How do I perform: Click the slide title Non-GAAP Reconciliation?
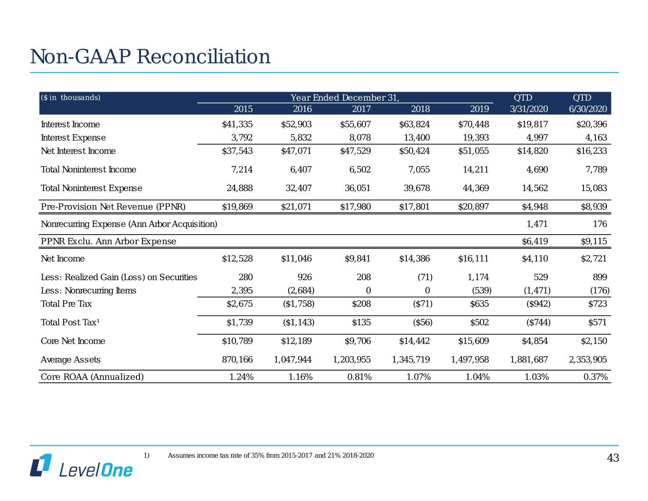tap(150, 57)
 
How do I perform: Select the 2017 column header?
tap(361, 109)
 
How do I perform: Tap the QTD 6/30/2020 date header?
tap(587, 109)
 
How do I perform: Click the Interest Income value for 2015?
tap(237, 124)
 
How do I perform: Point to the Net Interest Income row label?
tap(78, 151)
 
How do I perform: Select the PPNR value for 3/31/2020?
tap(535, 207)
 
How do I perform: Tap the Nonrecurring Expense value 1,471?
tap(537, 224)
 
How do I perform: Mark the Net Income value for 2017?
tap(357, 259)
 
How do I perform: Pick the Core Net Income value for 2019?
tap(473, 341)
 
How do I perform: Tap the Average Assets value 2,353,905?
tap(588, 359)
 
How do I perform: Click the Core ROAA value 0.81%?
tap(359, 377)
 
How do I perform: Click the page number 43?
tap(613, 458)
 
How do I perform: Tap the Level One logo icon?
tap(41, 465)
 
